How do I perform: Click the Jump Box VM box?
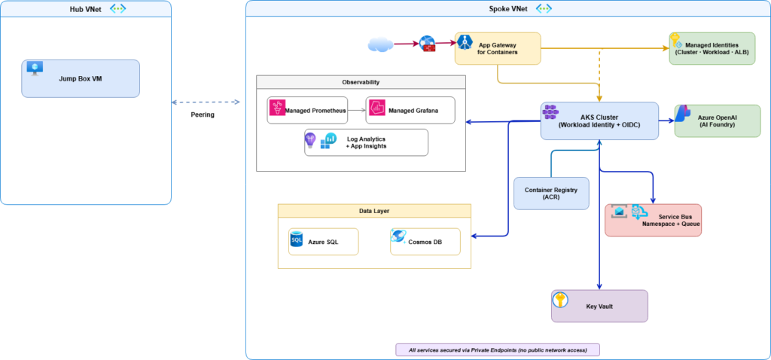pyautogui.click(x=81, y=78)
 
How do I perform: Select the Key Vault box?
pyautogui.click(x=599, y=306)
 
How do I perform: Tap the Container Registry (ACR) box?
pyautogui.click(x=551, y=194)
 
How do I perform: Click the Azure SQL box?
pyautogui.click(x=324, y=242)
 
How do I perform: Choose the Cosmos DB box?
pyautogui.click(x=425, y=242)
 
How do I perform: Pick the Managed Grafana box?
pyautogui.click(x=410, y=111)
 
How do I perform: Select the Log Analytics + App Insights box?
pyautogui.click(x=366, y=142)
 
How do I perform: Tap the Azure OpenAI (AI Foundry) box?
pyautogui.click(x=718, y=121)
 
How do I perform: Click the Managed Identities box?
pyautogui.click(x=712, y=49)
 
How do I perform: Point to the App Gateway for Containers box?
pyautogui.click(x=498, y=48)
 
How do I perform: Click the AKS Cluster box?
pyautogui.click(x=599, y=121)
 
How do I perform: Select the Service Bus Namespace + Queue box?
pyautogui.click(x=653, y=220)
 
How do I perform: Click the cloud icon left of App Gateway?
pyautogui.click(x=382, y=44)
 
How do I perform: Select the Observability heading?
pyautogui.click(x=361, y=82)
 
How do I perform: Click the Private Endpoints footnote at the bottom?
pyautogui.click(x=498, y=349)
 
